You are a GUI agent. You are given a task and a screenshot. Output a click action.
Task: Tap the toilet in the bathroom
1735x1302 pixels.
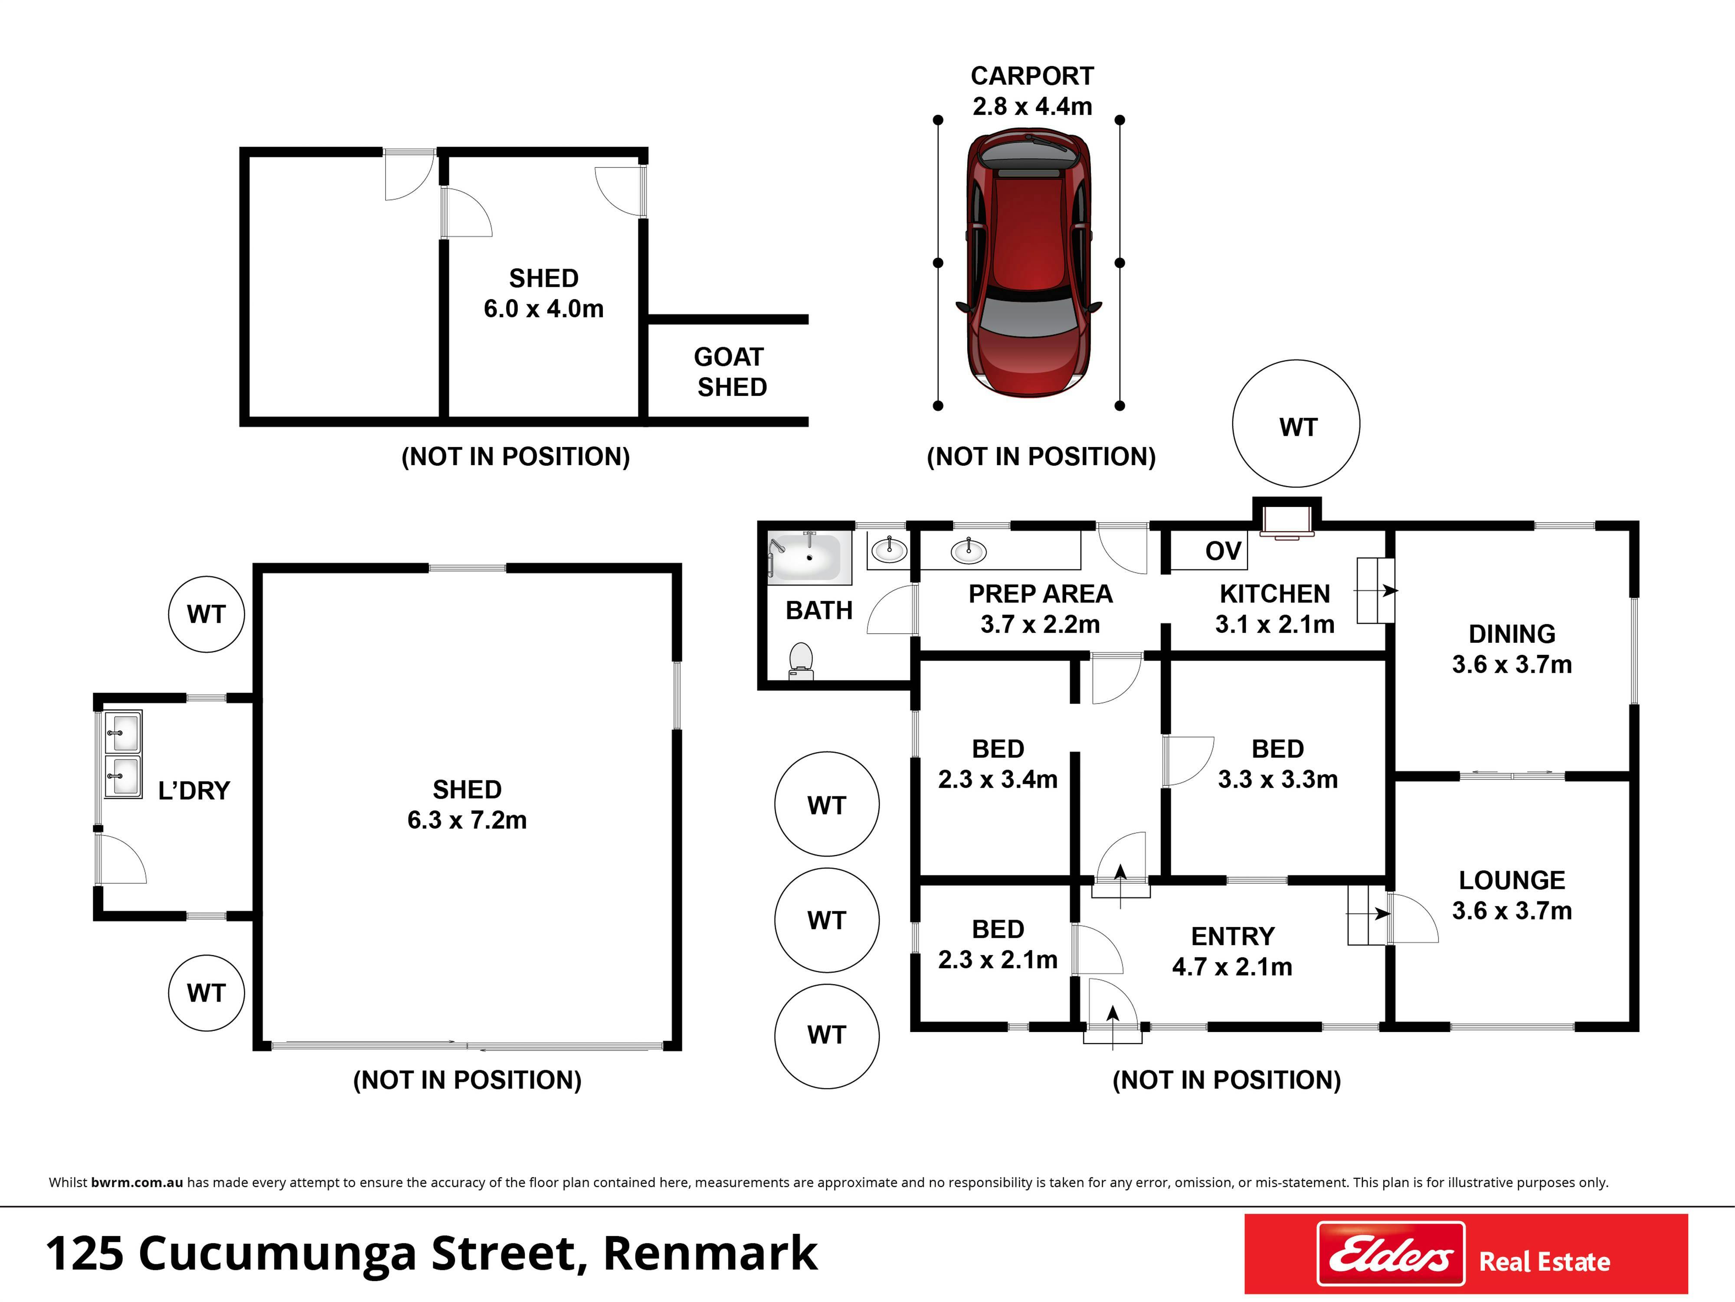coord(801,661)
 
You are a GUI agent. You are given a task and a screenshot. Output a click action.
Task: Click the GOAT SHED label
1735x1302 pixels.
coord(731,372)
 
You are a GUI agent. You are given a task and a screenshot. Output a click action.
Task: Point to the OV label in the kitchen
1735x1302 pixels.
coord(1223,551)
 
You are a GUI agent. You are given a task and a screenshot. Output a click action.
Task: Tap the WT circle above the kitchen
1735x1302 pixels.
coord(1296,424)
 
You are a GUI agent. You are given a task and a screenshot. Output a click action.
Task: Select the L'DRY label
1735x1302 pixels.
coord(194,790)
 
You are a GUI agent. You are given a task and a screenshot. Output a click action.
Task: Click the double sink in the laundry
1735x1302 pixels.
coord(123,754)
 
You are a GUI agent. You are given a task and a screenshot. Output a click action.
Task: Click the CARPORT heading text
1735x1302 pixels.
coord(1032,76)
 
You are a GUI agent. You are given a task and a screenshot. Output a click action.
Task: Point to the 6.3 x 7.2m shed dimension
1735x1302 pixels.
coord(467,820)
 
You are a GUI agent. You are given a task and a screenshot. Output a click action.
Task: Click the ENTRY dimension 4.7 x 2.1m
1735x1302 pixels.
coord(1231,967)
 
